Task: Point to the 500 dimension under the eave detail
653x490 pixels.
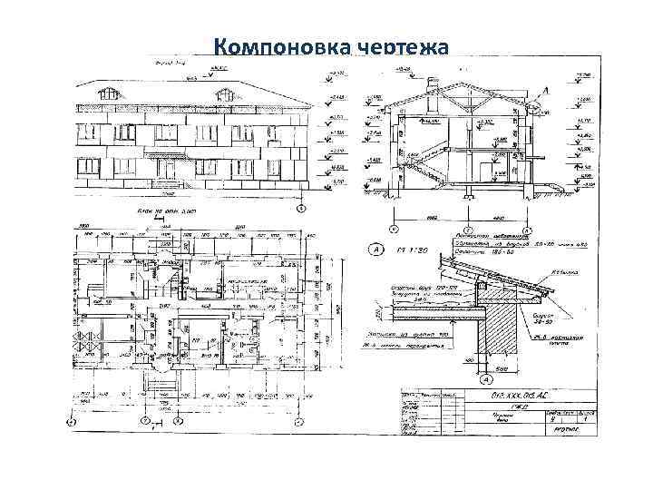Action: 502,368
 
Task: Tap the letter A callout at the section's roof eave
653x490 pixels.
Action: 546,91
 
